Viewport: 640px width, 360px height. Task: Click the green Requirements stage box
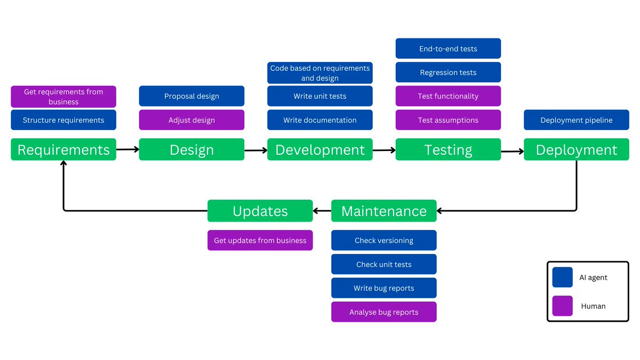point(63,150)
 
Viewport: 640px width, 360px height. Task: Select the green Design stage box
point(191,150)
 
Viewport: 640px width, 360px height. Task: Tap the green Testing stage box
point(448,150)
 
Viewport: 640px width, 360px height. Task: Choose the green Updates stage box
point(260,211)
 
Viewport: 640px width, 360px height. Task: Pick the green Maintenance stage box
point(383,211)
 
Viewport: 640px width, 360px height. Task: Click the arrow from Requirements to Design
point(127,149)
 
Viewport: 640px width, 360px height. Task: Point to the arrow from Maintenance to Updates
point(322,211)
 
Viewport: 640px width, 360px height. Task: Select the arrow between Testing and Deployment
point(513,151)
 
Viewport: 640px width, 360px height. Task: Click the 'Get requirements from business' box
point(63,97)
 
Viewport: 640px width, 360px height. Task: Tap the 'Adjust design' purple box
point(191,120)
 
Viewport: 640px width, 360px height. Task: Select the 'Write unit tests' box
point(319,96)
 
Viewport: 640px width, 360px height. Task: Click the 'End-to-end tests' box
point(448,49)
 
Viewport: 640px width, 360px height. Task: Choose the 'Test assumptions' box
point(448,120)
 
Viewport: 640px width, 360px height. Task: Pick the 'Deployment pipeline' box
point(576,120)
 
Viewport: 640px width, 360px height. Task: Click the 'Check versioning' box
point(383,240)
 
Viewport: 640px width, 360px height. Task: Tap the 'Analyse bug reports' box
point(383,312)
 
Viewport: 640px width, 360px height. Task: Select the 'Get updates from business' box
point(260,240)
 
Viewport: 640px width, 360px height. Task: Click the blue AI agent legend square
point(562,277)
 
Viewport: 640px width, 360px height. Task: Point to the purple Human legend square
point(562,306)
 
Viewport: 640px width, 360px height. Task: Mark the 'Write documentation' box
point(319,120)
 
